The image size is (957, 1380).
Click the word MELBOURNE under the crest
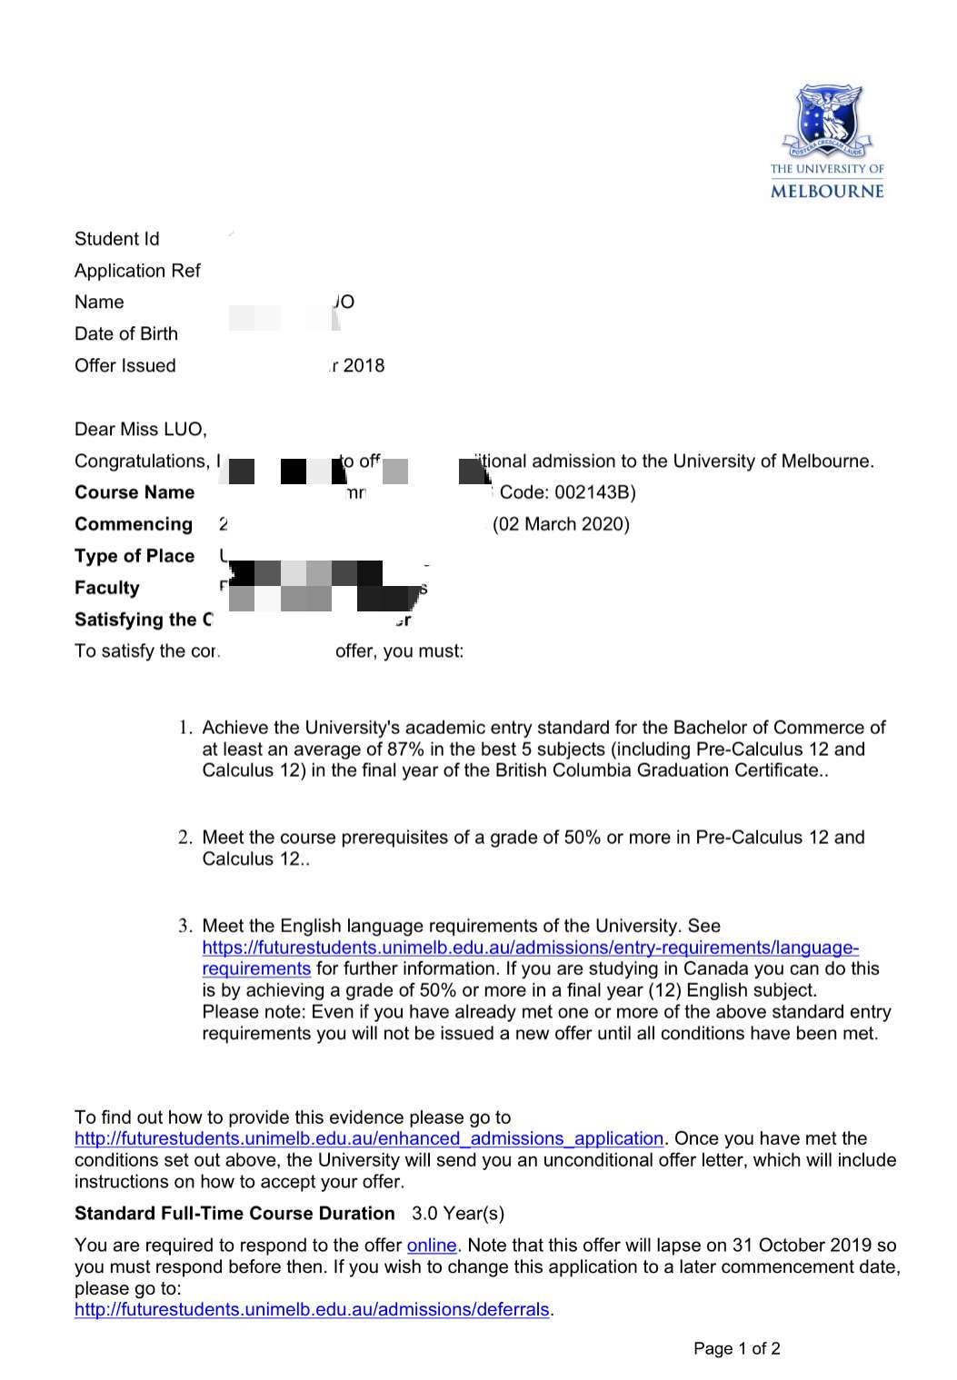point(827,191)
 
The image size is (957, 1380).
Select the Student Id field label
point(116,239)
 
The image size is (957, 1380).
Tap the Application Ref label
point(137,271)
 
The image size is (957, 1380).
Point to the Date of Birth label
point(126,333)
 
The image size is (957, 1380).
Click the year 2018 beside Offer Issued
point(364,365)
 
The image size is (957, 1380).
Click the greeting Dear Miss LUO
point(141,429)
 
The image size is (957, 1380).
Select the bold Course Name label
point(135,492)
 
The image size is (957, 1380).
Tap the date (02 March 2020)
point(561,524)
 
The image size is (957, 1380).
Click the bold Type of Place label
point(135,556)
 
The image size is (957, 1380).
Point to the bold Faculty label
point(107,588)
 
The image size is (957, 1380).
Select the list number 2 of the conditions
point(184,837)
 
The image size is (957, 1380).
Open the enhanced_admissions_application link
point(369,1138)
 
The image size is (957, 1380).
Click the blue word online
point(431,1246)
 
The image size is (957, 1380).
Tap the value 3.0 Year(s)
point(457,1214)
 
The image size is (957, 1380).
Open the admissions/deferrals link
point(312,1309)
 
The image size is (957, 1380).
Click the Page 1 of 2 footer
point(736,1348)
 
